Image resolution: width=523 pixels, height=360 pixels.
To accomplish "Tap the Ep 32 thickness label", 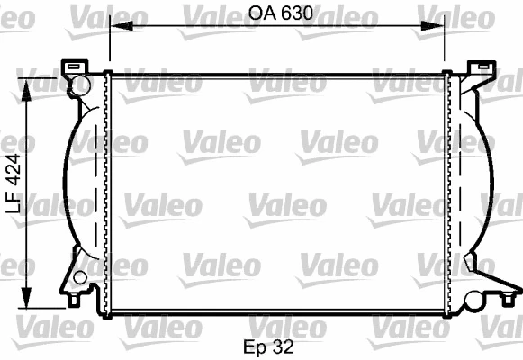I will (268, 345).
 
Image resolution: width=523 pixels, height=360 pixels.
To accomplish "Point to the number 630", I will (295, 13).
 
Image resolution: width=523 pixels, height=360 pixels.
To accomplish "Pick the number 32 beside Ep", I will (284, 345).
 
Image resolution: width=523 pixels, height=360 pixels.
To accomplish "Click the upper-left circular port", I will (79, 85).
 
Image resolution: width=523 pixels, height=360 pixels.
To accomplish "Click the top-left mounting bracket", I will (72, 67).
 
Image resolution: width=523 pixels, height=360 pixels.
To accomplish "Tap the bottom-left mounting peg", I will (74, 297).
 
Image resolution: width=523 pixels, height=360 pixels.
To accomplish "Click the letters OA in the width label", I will (259, 13).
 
